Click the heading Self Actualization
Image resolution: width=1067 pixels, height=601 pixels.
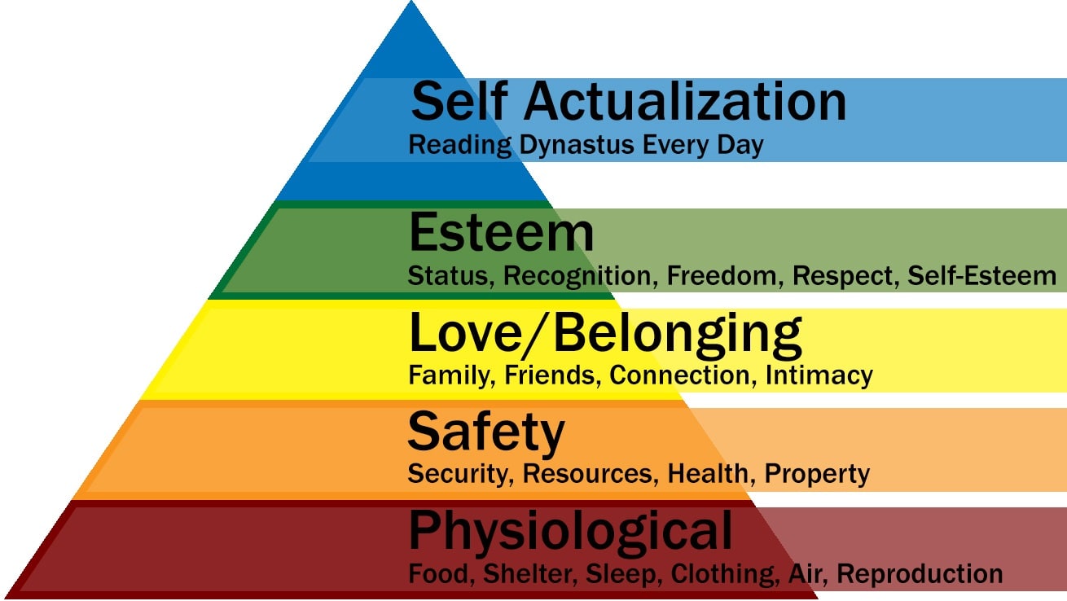click(629, 102)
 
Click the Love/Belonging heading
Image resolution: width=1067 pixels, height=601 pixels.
click(605, 333)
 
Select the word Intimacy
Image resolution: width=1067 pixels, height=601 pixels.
click(819, 375)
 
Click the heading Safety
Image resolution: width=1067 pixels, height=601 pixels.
click(486, 432)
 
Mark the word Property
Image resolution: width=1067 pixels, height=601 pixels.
click(818, 473)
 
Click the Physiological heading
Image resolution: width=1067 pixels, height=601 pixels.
click(570, 530)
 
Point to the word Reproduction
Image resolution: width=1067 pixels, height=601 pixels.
click(920, 573)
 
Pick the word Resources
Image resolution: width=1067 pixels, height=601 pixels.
click(588, 473)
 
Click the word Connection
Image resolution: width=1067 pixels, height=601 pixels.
click(683, 375)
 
